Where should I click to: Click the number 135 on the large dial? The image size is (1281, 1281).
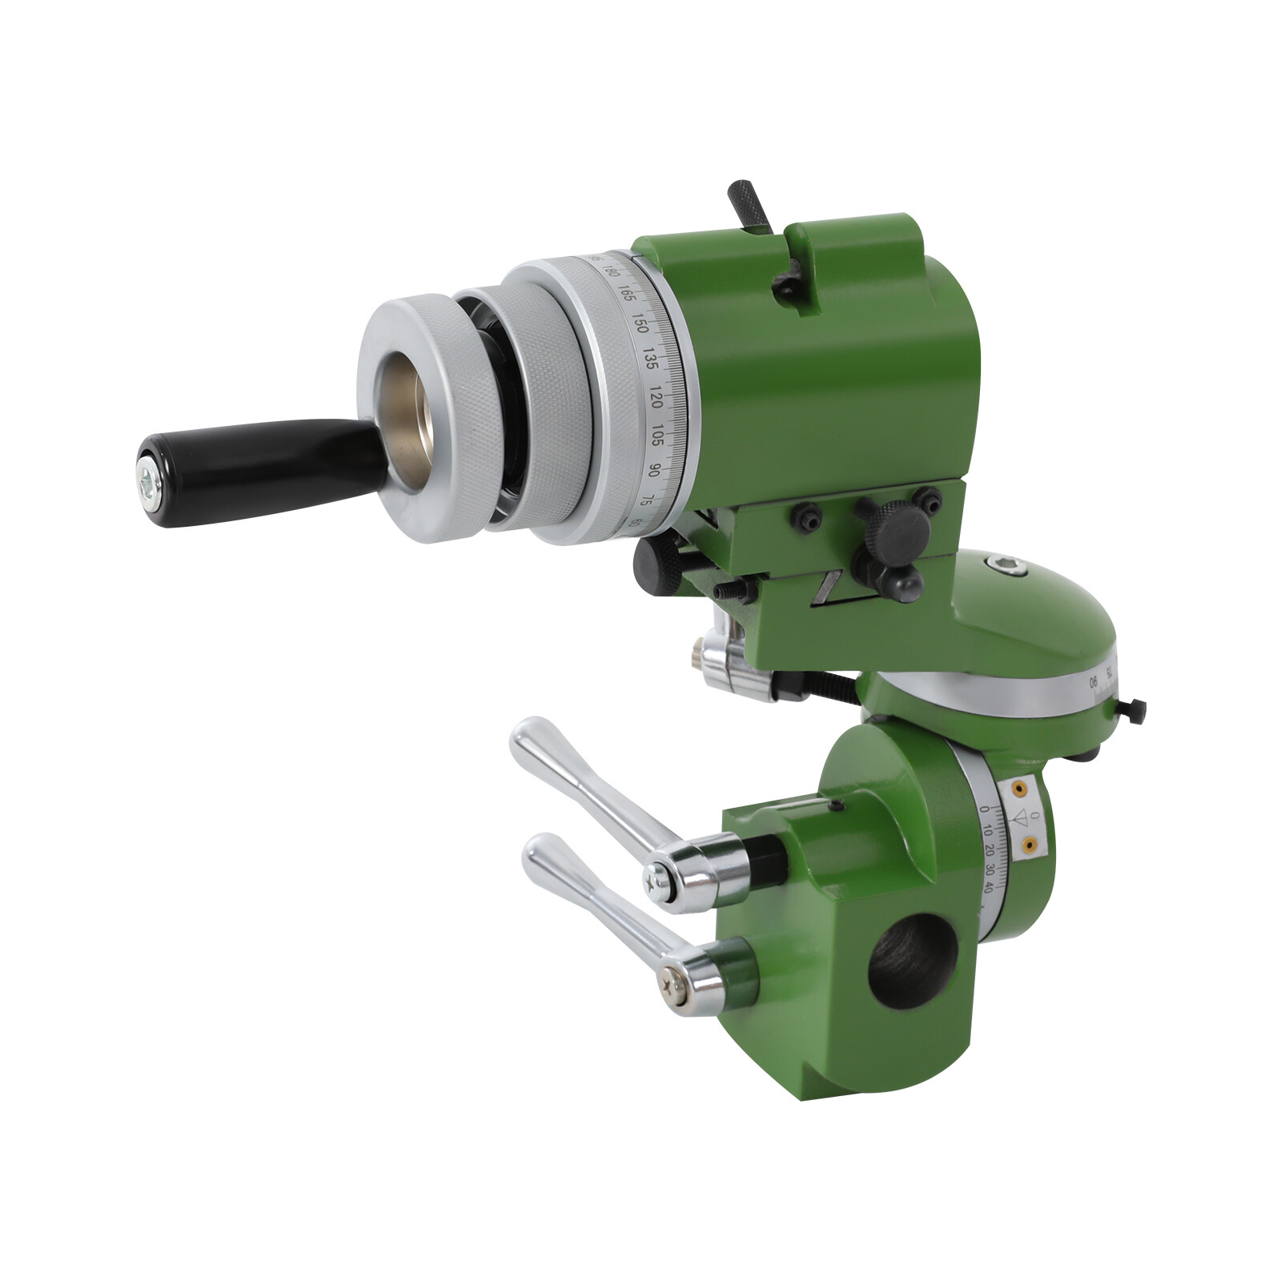click(651, 359)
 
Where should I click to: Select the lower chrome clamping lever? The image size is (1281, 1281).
click(592, 905)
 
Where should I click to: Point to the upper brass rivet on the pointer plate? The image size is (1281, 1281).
click(1018, 789)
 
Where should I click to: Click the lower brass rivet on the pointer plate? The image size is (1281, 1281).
click(1030, 842)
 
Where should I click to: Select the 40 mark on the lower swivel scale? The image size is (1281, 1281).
click(989, 887)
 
